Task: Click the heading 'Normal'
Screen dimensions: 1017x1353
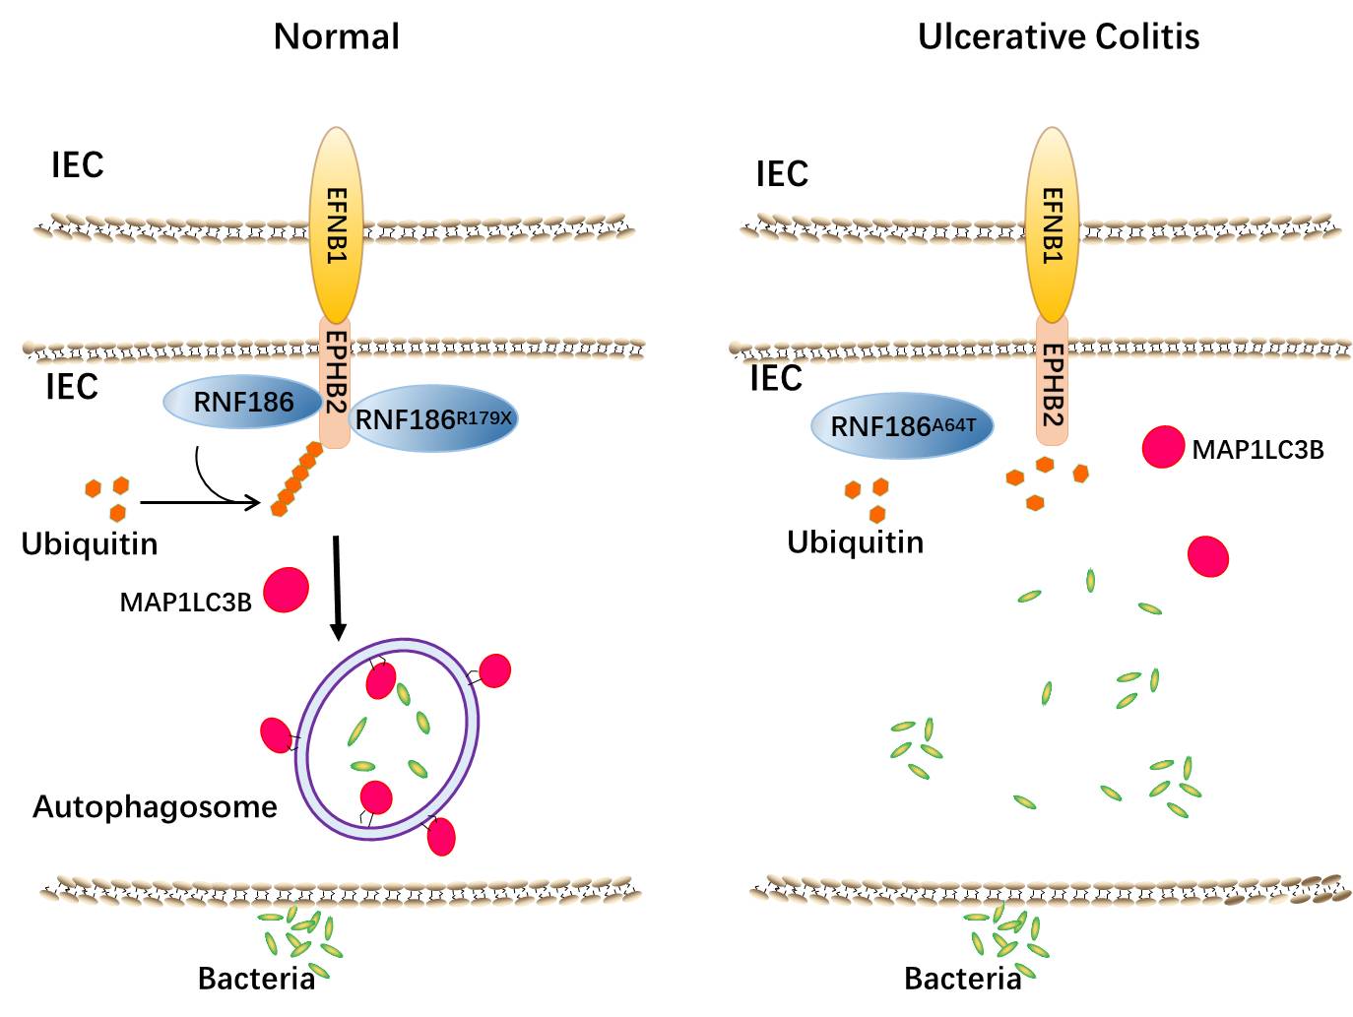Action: [337, 37]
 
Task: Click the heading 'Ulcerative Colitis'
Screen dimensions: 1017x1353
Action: [1059, 37]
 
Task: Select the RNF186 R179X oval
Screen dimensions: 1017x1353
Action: [433, 418]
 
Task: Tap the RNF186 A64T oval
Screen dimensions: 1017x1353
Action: [902, 426]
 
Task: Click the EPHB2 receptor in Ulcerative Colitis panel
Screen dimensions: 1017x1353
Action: [1053, 384]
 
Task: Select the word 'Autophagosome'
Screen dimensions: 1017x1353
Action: [155, 807]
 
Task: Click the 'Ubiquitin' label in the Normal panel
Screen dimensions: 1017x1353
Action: [90, 543]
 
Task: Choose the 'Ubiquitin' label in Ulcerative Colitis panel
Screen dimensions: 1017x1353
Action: [855, 542]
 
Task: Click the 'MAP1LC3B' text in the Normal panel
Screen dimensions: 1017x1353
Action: [185, 602]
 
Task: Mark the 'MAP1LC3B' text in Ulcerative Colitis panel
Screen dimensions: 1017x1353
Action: [1257, 450]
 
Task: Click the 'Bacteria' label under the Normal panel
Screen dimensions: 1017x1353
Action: [256, 979]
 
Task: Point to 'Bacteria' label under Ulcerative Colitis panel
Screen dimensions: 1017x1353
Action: [962, 979]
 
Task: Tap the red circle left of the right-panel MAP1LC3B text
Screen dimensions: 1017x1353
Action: [1163, 447]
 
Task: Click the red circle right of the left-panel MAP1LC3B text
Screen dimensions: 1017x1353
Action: [287, 589]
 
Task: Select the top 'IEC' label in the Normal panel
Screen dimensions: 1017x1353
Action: [77, 165]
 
